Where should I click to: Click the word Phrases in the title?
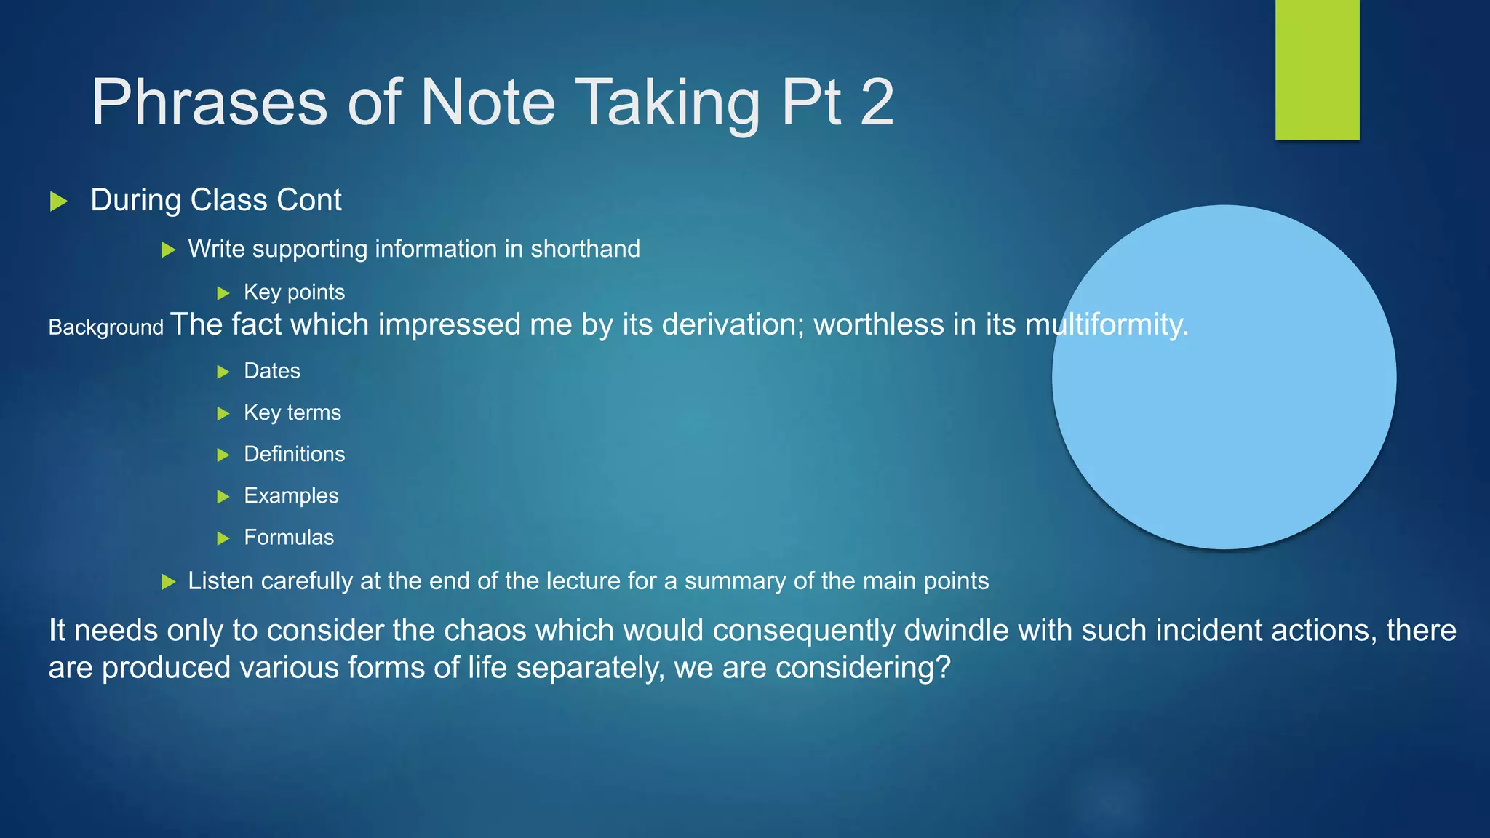coord(210,103)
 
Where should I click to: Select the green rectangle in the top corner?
coord(1317,69)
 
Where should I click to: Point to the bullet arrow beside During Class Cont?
coord(59,201)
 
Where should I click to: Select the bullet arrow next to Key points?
coord(223,293)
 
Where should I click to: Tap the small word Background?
coord(105,327)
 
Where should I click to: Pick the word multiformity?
coord(1106,324)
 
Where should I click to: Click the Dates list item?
coord(271,371)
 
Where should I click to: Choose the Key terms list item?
coord(292,412)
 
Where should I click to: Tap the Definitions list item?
coord(294,454)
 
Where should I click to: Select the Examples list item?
coord(291,495)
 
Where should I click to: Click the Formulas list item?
coord(289,538)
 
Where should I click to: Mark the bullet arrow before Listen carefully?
coord(168,582)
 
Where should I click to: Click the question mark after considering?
coord(944,668)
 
